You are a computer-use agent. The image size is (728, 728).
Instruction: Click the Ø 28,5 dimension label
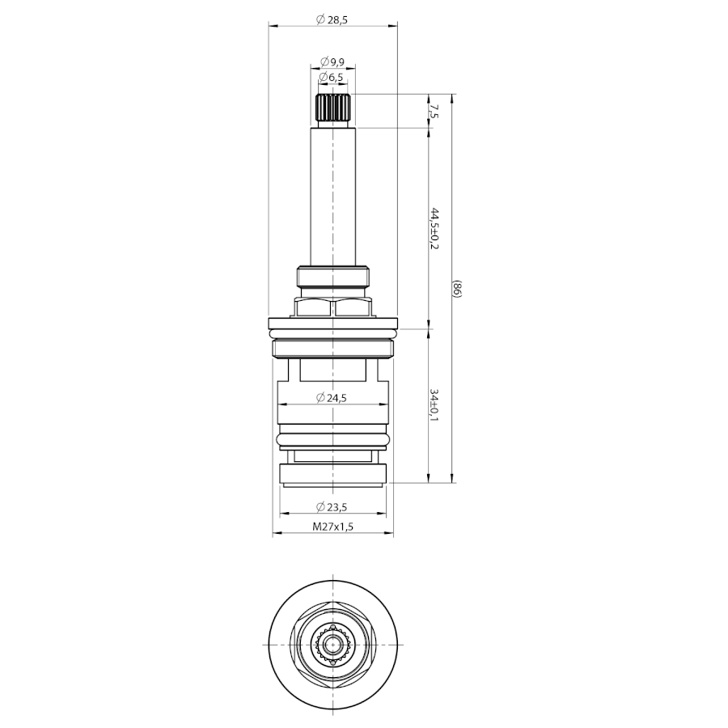pyautogui.click(x=332, y=19)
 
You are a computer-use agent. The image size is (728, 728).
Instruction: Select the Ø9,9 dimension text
pyautogui.click(x=332, y=61)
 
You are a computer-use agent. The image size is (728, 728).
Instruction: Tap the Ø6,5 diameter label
pyautogui.click(x=332, y=78)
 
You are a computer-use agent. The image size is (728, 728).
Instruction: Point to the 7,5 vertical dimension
pyautogui.click(x=434, y=112)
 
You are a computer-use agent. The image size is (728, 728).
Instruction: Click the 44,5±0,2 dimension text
pyautogui.click(x=434, y=228)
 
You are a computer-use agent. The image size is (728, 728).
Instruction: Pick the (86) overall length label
pyautogui.click(x=456, y=290)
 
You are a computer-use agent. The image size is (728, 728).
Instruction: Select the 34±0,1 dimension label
pyautogui.click(x=434, y=405)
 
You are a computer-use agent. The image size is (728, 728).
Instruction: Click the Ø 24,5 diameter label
pyautogui.click(x=332, y=398)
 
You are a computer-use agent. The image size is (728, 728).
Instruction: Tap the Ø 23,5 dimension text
pyautogui.click(x=332, y=507)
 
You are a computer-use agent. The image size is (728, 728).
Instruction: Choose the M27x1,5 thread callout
pyautogui.click(x=333, y=527)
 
